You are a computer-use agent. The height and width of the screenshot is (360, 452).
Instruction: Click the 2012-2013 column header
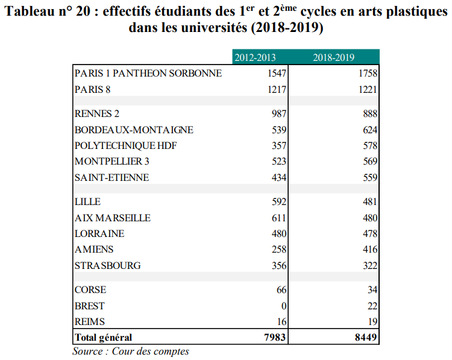(255, 57)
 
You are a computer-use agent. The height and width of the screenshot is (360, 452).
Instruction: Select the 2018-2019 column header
(333, 57)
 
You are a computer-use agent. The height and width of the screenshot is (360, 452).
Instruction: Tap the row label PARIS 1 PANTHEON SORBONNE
(148, 74)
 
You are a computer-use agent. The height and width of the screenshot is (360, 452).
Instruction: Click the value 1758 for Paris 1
(368, 74)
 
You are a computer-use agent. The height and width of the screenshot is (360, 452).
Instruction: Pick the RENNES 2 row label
(97, 113)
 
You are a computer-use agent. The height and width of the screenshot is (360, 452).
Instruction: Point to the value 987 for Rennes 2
(279, 113)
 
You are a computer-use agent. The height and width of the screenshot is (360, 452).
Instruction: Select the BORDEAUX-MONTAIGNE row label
(134, 130)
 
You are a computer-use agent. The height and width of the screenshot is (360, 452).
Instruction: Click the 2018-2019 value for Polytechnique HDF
(370, 145)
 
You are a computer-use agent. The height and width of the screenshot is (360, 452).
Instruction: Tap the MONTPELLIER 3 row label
(112, 161)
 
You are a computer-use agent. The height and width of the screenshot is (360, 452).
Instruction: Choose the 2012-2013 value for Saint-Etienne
(279, 177)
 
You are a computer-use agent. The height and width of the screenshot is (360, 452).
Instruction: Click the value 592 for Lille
(279, 201)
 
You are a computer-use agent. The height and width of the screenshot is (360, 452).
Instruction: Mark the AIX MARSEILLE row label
(113, 218)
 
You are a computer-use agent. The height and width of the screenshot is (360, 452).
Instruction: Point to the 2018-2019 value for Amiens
(370, 249)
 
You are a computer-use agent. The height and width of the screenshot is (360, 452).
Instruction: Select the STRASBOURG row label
(107, 265)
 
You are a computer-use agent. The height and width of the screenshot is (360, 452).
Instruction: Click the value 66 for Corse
(281, 289)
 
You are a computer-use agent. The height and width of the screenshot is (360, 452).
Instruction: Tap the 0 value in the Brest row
(284, 306)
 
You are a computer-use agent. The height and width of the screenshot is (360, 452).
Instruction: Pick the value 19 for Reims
(372, 321)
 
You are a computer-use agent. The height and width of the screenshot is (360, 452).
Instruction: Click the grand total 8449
(366, 337)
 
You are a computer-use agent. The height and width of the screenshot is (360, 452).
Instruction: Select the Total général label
(103, 338)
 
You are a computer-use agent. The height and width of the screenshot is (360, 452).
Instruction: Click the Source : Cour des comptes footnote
(131, 352)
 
